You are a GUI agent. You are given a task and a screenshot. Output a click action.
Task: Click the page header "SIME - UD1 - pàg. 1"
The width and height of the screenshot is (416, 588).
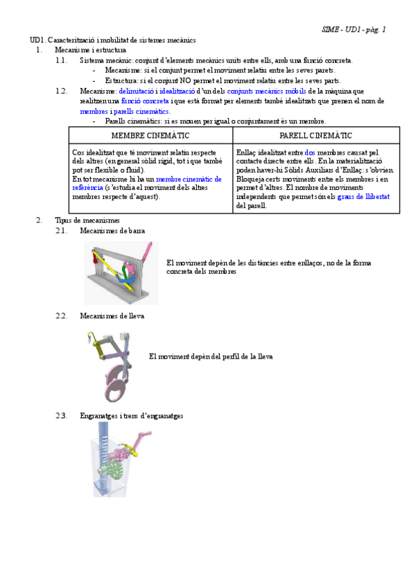click(x=354, y=30)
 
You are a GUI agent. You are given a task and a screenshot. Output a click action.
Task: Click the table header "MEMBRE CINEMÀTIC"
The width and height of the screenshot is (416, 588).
click(x=150, y=136)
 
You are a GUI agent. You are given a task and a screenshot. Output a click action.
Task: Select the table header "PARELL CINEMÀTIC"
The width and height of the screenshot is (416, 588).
click(x=316, y=136)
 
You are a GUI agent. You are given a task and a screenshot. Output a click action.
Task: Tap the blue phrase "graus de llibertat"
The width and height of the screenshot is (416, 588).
click(x=363, y=196)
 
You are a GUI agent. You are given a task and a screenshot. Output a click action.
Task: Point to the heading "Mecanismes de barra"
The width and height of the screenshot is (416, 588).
click(x=112, y=231)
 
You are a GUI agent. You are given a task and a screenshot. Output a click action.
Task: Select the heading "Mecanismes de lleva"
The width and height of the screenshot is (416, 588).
click(x=112, y=316)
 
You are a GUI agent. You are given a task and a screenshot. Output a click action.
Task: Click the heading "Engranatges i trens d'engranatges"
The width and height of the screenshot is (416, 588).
click(x=132, y=416)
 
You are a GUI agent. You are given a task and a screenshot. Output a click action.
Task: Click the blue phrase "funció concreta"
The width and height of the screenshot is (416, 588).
click(x=144, y=101)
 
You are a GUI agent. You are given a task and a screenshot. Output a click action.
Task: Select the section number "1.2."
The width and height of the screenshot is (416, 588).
click(x=62, y=91)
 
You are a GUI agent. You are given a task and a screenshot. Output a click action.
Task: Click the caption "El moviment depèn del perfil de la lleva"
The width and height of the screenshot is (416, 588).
click(x=211, y=356)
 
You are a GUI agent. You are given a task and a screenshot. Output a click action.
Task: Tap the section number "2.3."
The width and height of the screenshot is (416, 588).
click(x=62, y=416)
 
